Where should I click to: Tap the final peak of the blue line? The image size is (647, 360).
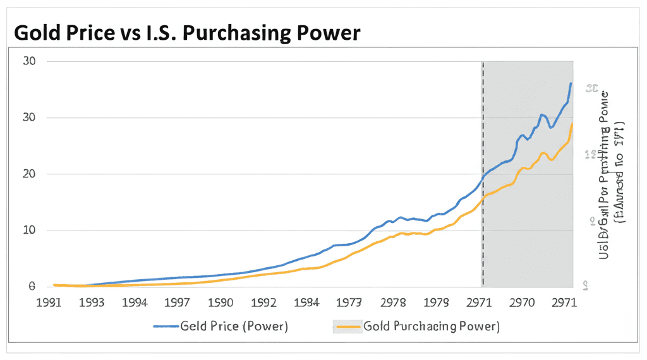point(571,83)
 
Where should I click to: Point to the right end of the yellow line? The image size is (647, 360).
point(572,124)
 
